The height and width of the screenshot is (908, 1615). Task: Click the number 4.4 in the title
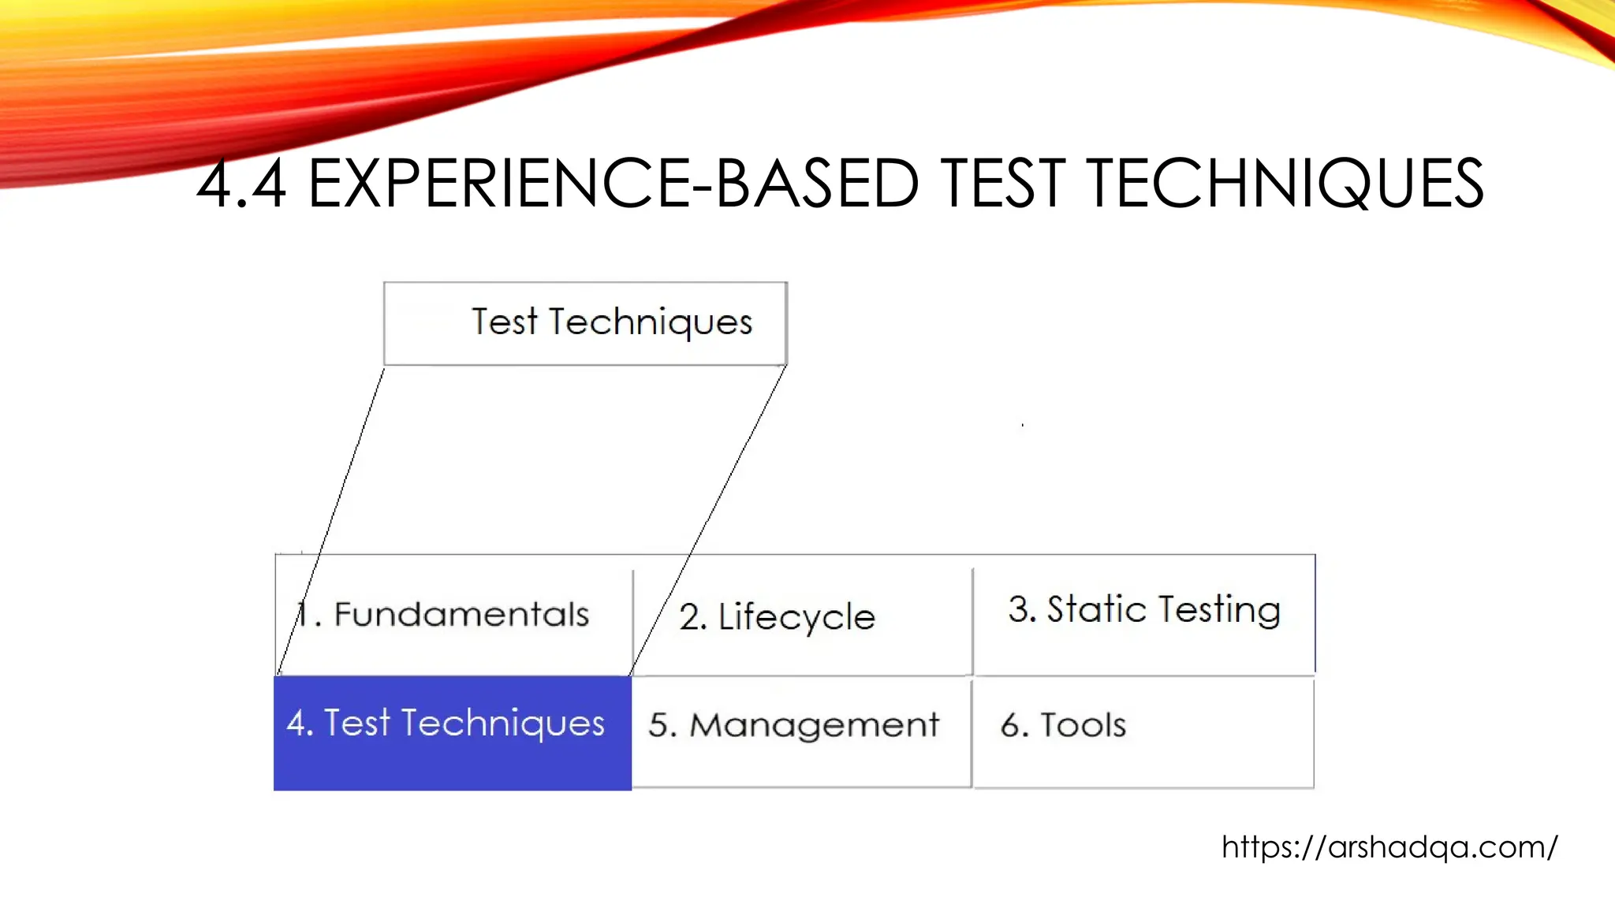point(241,184)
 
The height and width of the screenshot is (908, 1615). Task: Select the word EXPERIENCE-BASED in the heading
point(613,184)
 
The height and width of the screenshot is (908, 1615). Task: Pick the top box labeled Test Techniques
point(585,323)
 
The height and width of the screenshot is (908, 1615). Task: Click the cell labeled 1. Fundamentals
point(453,615)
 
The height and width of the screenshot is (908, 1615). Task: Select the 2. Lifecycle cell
point(802,616)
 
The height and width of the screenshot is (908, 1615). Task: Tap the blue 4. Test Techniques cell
point(452,733)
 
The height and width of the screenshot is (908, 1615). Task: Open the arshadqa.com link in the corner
point(1389,847)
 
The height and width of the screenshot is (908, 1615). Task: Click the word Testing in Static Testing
point(1221,611)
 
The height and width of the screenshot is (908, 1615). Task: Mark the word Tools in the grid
point(1083,725)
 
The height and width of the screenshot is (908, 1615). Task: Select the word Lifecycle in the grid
point(796,617)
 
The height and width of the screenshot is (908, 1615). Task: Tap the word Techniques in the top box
point(651,322)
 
